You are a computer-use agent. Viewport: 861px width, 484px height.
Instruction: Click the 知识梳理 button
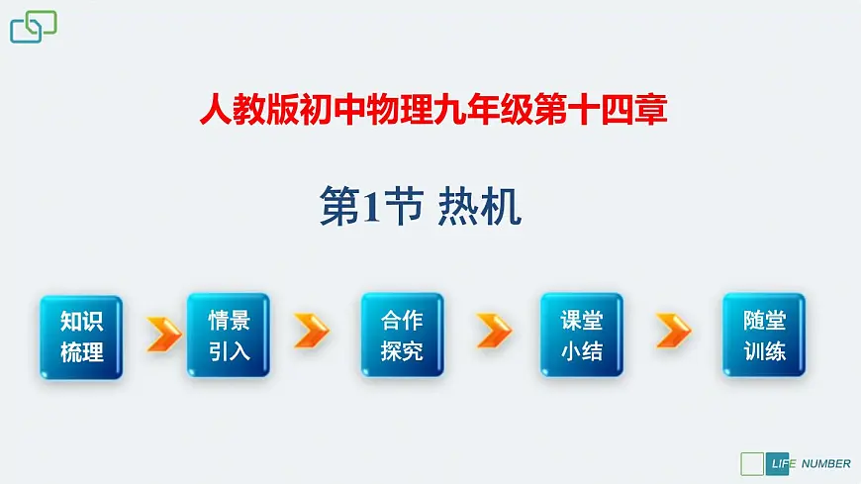click(x=81, y=336)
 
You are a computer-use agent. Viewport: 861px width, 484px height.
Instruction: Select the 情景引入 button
click(x=229, y=336)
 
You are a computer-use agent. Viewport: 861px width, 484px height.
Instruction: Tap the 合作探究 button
click(x=402, y=336)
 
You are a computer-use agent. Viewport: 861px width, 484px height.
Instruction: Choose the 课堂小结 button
click(x=581, y=336)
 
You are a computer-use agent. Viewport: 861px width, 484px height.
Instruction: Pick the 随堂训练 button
click(x=764, y=336)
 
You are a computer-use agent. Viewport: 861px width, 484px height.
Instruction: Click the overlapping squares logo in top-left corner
click(x=33, y=27)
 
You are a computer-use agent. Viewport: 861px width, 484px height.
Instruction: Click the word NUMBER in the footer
click(x=825, y=463)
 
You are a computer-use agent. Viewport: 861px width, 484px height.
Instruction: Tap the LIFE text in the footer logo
click(x=779, y=463)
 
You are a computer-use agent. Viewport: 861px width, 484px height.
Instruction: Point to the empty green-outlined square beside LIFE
click(x=752, y=463)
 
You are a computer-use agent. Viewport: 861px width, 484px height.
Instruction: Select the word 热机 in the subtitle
click(x=479, y=208)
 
